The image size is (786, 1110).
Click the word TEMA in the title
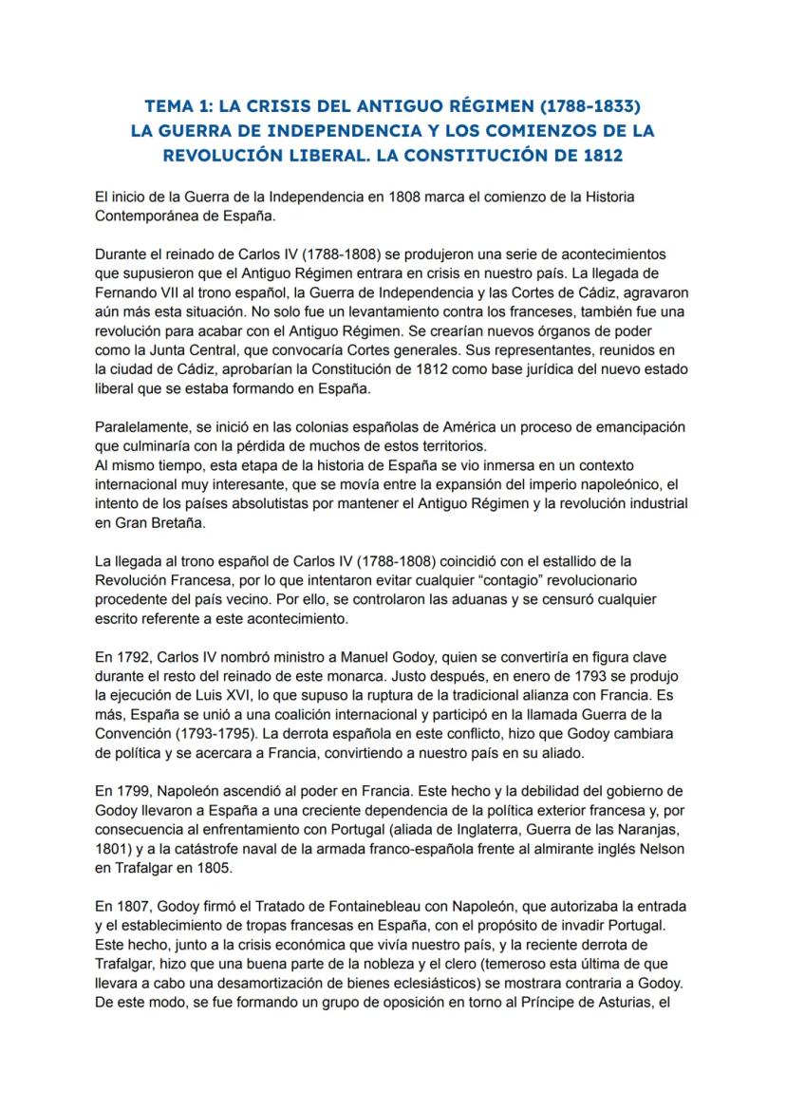(166, 105)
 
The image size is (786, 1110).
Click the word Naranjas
(617, 828)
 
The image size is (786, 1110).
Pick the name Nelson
(662, 847)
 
